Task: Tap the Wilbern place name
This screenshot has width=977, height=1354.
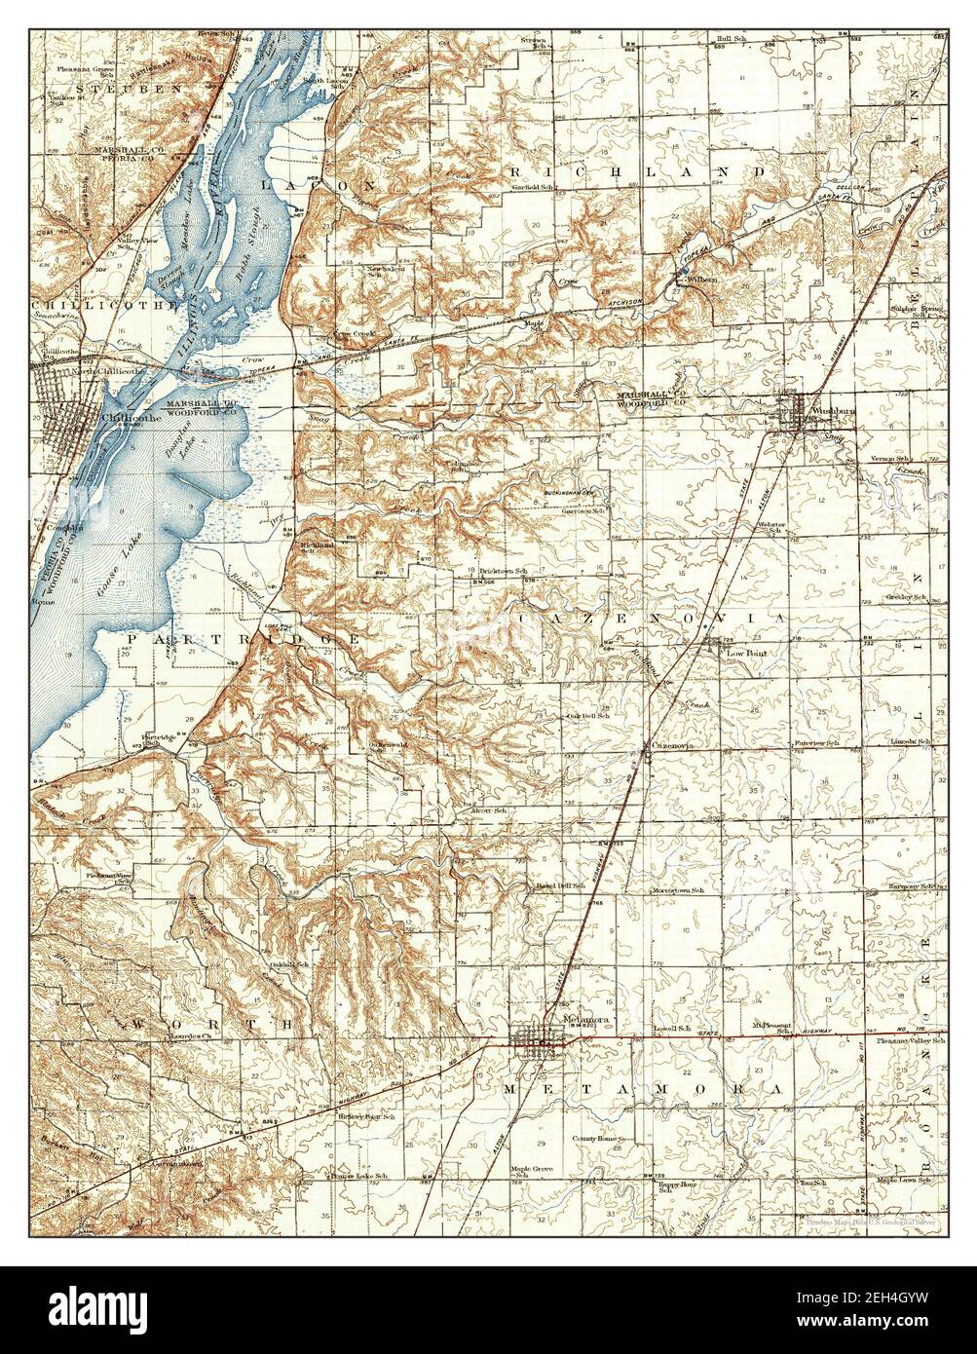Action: (x=701, y=280)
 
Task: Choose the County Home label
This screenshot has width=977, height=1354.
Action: (x=596, y=1138)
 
